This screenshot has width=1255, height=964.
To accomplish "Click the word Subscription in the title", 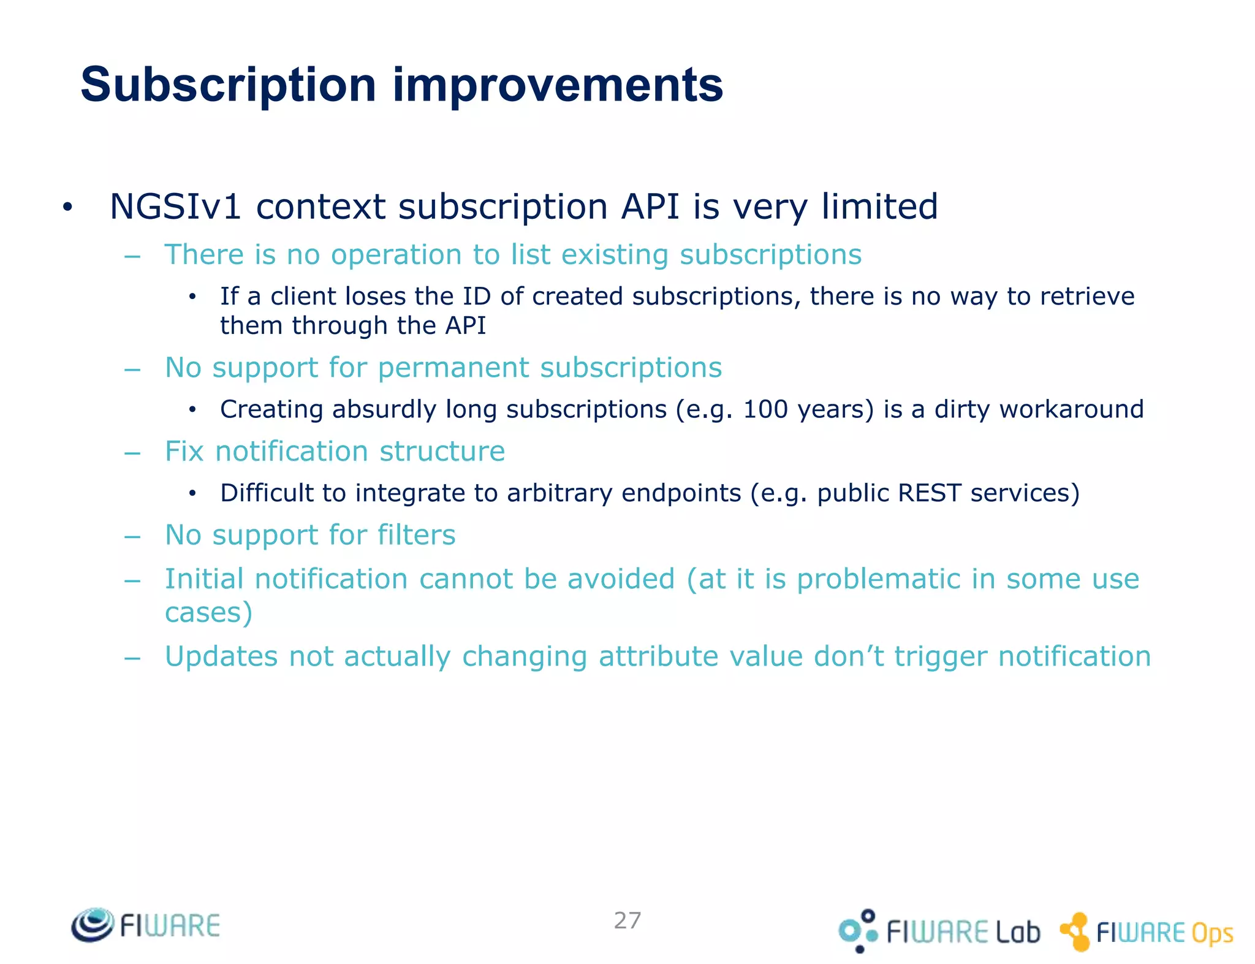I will pyautogui.click(x=228, y=86).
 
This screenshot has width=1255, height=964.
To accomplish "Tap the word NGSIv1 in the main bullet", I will pyautogui.click(x=175, y=207).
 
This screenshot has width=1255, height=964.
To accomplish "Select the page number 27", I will pyautogui.click(x=627, y=920).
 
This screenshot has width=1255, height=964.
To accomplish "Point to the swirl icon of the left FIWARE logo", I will pyautogui.click(x=93, y=924).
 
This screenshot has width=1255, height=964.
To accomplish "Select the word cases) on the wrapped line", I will pyautogui.click(x=209, y=612).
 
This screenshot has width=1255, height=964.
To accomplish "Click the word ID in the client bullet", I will pyautogui.click(x=476, y=297).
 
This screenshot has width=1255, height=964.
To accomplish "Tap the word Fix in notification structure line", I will pyautogui.click(x=184, y=452).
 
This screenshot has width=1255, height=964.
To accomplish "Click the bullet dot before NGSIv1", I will pyautogui.click(x=67, y=208).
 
